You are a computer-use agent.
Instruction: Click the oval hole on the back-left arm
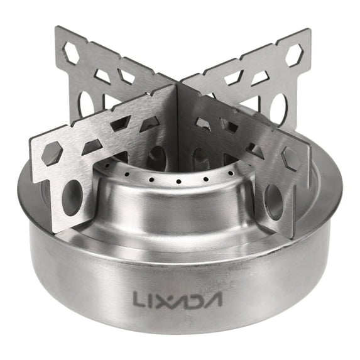tap(87, 104)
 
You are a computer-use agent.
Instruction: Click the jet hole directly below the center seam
tap(178, 182)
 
